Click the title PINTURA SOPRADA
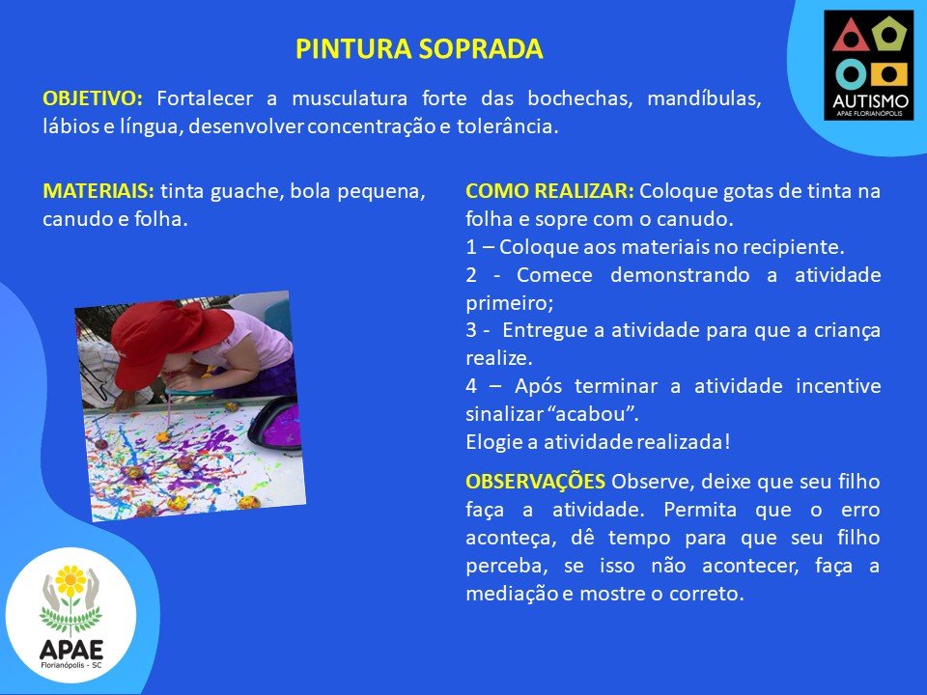(419, 49)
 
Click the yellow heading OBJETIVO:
(93, 98)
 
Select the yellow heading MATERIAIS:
(98, 191)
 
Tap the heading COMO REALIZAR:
(549, 191)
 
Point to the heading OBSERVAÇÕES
(535, 482)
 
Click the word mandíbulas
(704, 98)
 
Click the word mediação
(512, 594)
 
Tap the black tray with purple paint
(276, 425)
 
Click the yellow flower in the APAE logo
(70, 581)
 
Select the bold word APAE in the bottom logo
(70, 650)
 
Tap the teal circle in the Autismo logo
(852, 74)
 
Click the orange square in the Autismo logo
(888, 74)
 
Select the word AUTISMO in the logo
(870, 101)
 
